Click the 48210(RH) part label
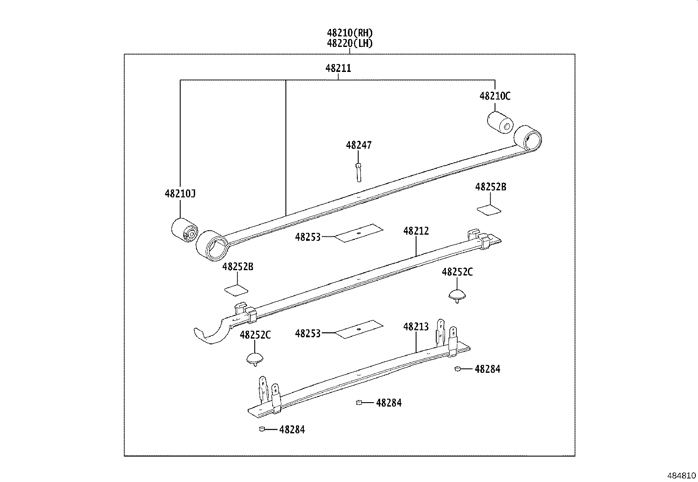pos(349,33)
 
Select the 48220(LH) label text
pos(349,43)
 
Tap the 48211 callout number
pos(338,69)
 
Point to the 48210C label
pos(495,96)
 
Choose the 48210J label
pos(180,193)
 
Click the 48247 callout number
pos(358,145)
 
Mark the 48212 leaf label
pos(416,231)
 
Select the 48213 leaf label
pos(416,327)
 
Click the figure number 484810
pos(681,475)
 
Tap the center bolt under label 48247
pos(358,171)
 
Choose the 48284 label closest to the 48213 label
pos(487,369)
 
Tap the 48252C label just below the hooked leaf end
pos(255,335)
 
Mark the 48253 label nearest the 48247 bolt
pos(308,237)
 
